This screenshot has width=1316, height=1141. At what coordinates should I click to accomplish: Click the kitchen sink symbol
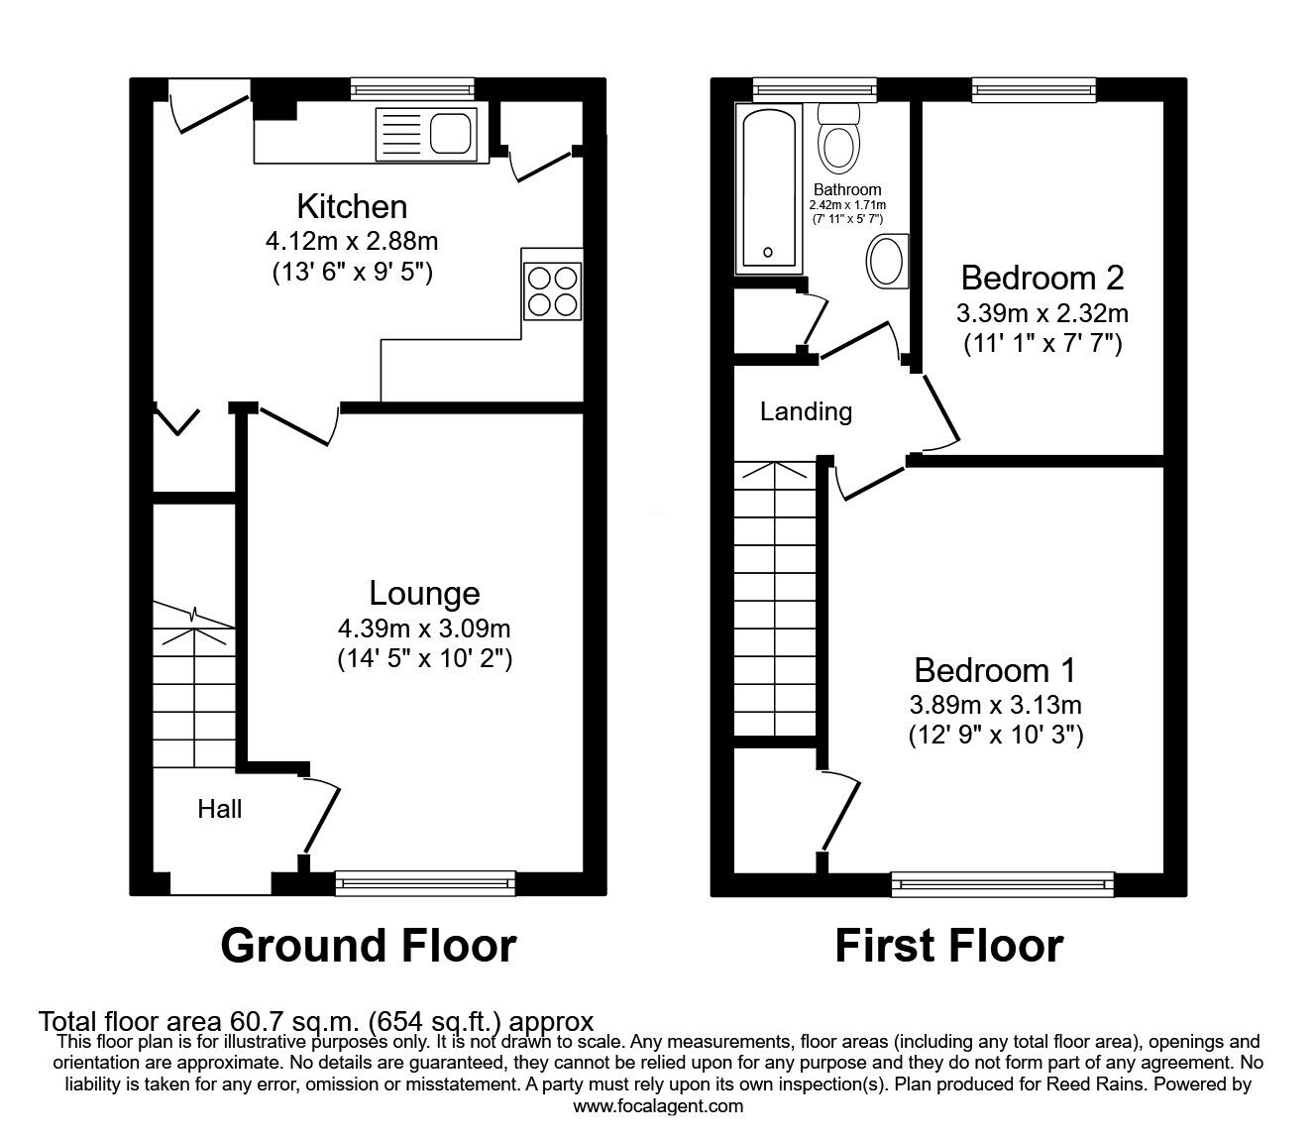pyautogui.click(x=426, y=133)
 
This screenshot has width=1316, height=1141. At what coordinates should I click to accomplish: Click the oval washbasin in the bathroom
pyautogui.click(x=885, y=262)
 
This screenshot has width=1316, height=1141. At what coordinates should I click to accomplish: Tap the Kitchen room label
pyautogui.click(x=352, y=206)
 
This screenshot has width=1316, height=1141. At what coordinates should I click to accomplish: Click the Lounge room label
pyautogui.click(x=424, y=593)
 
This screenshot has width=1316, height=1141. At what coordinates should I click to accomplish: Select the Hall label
pyautogui.click(x=219, y=809)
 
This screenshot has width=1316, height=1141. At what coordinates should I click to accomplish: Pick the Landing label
pyautogui.click(x=806, y=410)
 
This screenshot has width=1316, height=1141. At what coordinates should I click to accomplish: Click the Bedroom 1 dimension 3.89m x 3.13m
pyautogui.click(x=995, y=705)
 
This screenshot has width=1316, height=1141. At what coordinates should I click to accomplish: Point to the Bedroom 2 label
pyautogui.click(x=1042, y=277)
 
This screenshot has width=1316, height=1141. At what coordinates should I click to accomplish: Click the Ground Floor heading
pyautogui.click(x=368, y=945)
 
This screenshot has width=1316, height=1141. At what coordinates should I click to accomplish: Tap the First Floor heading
pyautogui.click(x=948, y=945)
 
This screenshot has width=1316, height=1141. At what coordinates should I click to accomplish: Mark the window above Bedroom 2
pyautogui.click(x=1034, y=90)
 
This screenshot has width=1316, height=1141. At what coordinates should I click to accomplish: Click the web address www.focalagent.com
pyautogui.click(x=658, y=1105)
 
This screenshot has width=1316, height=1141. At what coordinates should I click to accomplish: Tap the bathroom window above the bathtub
pyautogui.click(x=815, y=90)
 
